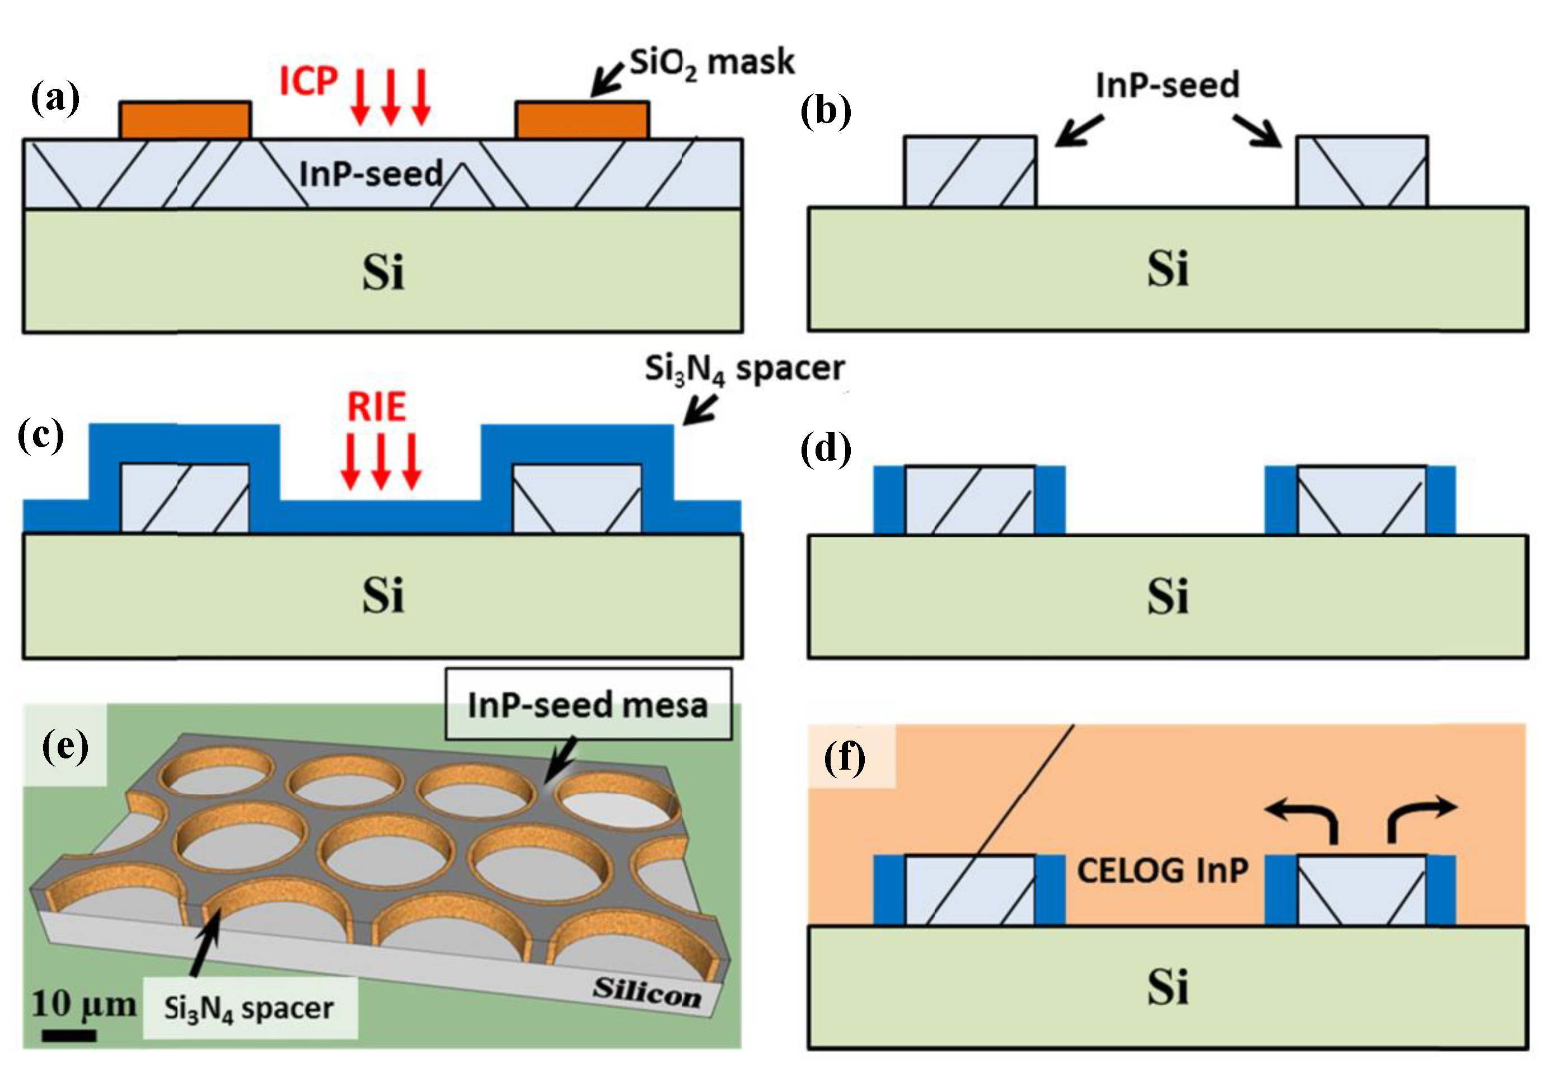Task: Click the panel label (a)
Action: (55, 99)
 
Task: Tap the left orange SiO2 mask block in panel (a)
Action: (185, 120)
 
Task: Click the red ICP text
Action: (308, 82)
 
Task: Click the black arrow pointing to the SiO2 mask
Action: (607, 80)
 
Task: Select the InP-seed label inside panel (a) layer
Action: (371, 174)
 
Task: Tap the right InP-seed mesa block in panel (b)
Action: (1362, 171)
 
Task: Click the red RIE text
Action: (377, 407)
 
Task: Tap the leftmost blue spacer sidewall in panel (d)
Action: (889, 500)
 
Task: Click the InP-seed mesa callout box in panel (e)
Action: (588, 705)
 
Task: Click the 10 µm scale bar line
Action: (69, 1035)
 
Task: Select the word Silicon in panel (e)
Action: (646, 992)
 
